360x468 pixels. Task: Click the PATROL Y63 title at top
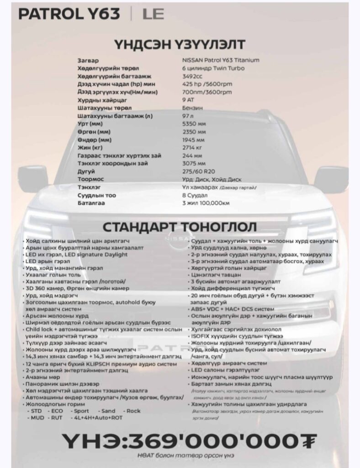point(69,14)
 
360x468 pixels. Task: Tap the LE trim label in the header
point(153,14)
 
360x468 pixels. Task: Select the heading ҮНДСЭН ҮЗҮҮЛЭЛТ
point(180,44)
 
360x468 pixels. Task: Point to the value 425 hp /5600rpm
point(207,84)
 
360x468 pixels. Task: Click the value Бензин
point(193,108)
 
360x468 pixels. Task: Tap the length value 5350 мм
point(194,123)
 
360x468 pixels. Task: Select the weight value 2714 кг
point(192,148)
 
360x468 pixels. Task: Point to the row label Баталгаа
point(91,203)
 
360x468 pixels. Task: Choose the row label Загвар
point(88,60)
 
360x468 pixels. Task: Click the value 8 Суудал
point(195,195)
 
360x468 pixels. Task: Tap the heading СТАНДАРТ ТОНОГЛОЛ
point(180,227)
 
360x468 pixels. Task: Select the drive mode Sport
point(80,411)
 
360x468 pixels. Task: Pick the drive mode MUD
point(36,417)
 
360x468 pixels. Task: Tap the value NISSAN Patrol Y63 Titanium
point(221,60)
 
